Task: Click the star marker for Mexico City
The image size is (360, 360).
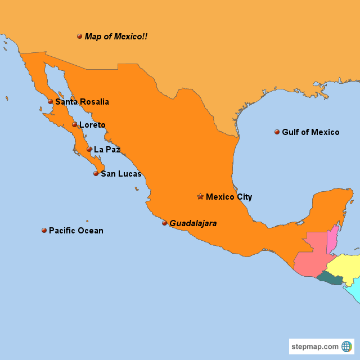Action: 200,196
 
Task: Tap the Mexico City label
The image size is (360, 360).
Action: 229,197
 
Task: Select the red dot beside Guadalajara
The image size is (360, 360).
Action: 164,223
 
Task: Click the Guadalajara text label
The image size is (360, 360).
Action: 193,223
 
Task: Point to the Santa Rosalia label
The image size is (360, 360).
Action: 82,102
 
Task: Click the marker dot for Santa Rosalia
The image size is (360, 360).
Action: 50,102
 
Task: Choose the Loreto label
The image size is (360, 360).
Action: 92,125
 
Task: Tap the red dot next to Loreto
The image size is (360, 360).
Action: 74,125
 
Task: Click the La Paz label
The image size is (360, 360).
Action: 107,150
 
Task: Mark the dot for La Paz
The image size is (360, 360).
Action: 89,150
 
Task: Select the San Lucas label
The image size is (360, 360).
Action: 121,174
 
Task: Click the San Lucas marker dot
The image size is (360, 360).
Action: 96,174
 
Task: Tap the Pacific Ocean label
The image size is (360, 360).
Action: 76,231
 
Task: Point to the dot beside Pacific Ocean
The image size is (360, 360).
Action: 44,230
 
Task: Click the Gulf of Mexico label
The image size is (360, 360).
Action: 310,132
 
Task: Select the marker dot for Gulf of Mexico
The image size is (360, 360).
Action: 277,132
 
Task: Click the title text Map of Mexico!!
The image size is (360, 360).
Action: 116,37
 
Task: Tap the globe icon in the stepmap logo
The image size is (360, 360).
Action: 346,346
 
